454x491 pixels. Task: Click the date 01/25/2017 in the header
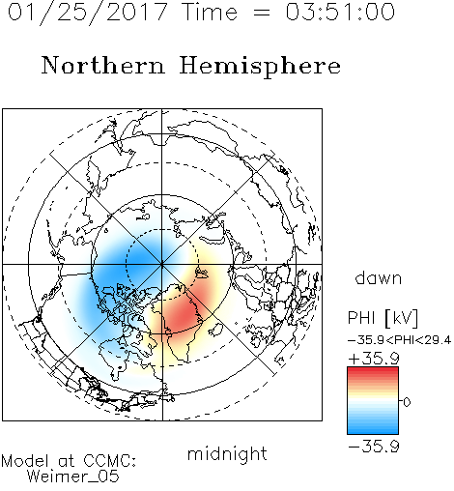click(x=87, y=13)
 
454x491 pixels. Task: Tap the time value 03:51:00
click(x=340, y=12)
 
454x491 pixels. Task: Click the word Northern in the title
click(x=103, y=65)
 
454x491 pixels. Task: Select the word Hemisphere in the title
click(x=260, y=67)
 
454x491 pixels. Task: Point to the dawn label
click(x=379, y=278)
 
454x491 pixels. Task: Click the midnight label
click(x=227, y=454)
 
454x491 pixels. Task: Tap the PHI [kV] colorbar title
click(x=383, y=318)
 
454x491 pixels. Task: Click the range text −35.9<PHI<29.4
click(x=399, y=340)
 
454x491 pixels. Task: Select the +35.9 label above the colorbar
click(x=374, y=359)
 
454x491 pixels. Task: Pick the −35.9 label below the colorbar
click(x=374, y=447)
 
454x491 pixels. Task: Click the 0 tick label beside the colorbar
click(x=407, y=402)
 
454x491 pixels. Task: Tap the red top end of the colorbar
click(x=373, y=370)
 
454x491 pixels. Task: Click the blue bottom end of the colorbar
click(x=373, y=431)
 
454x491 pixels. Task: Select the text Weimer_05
click(x=73, y=477)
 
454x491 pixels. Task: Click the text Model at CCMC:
click(x=69, y=461)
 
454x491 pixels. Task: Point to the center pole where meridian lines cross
click(x=162, y=264)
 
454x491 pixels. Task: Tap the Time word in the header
click(x=210, y=12)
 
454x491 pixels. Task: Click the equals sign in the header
click(x=261, y=13)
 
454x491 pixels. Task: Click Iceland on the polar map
click(x=216, y=330)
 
